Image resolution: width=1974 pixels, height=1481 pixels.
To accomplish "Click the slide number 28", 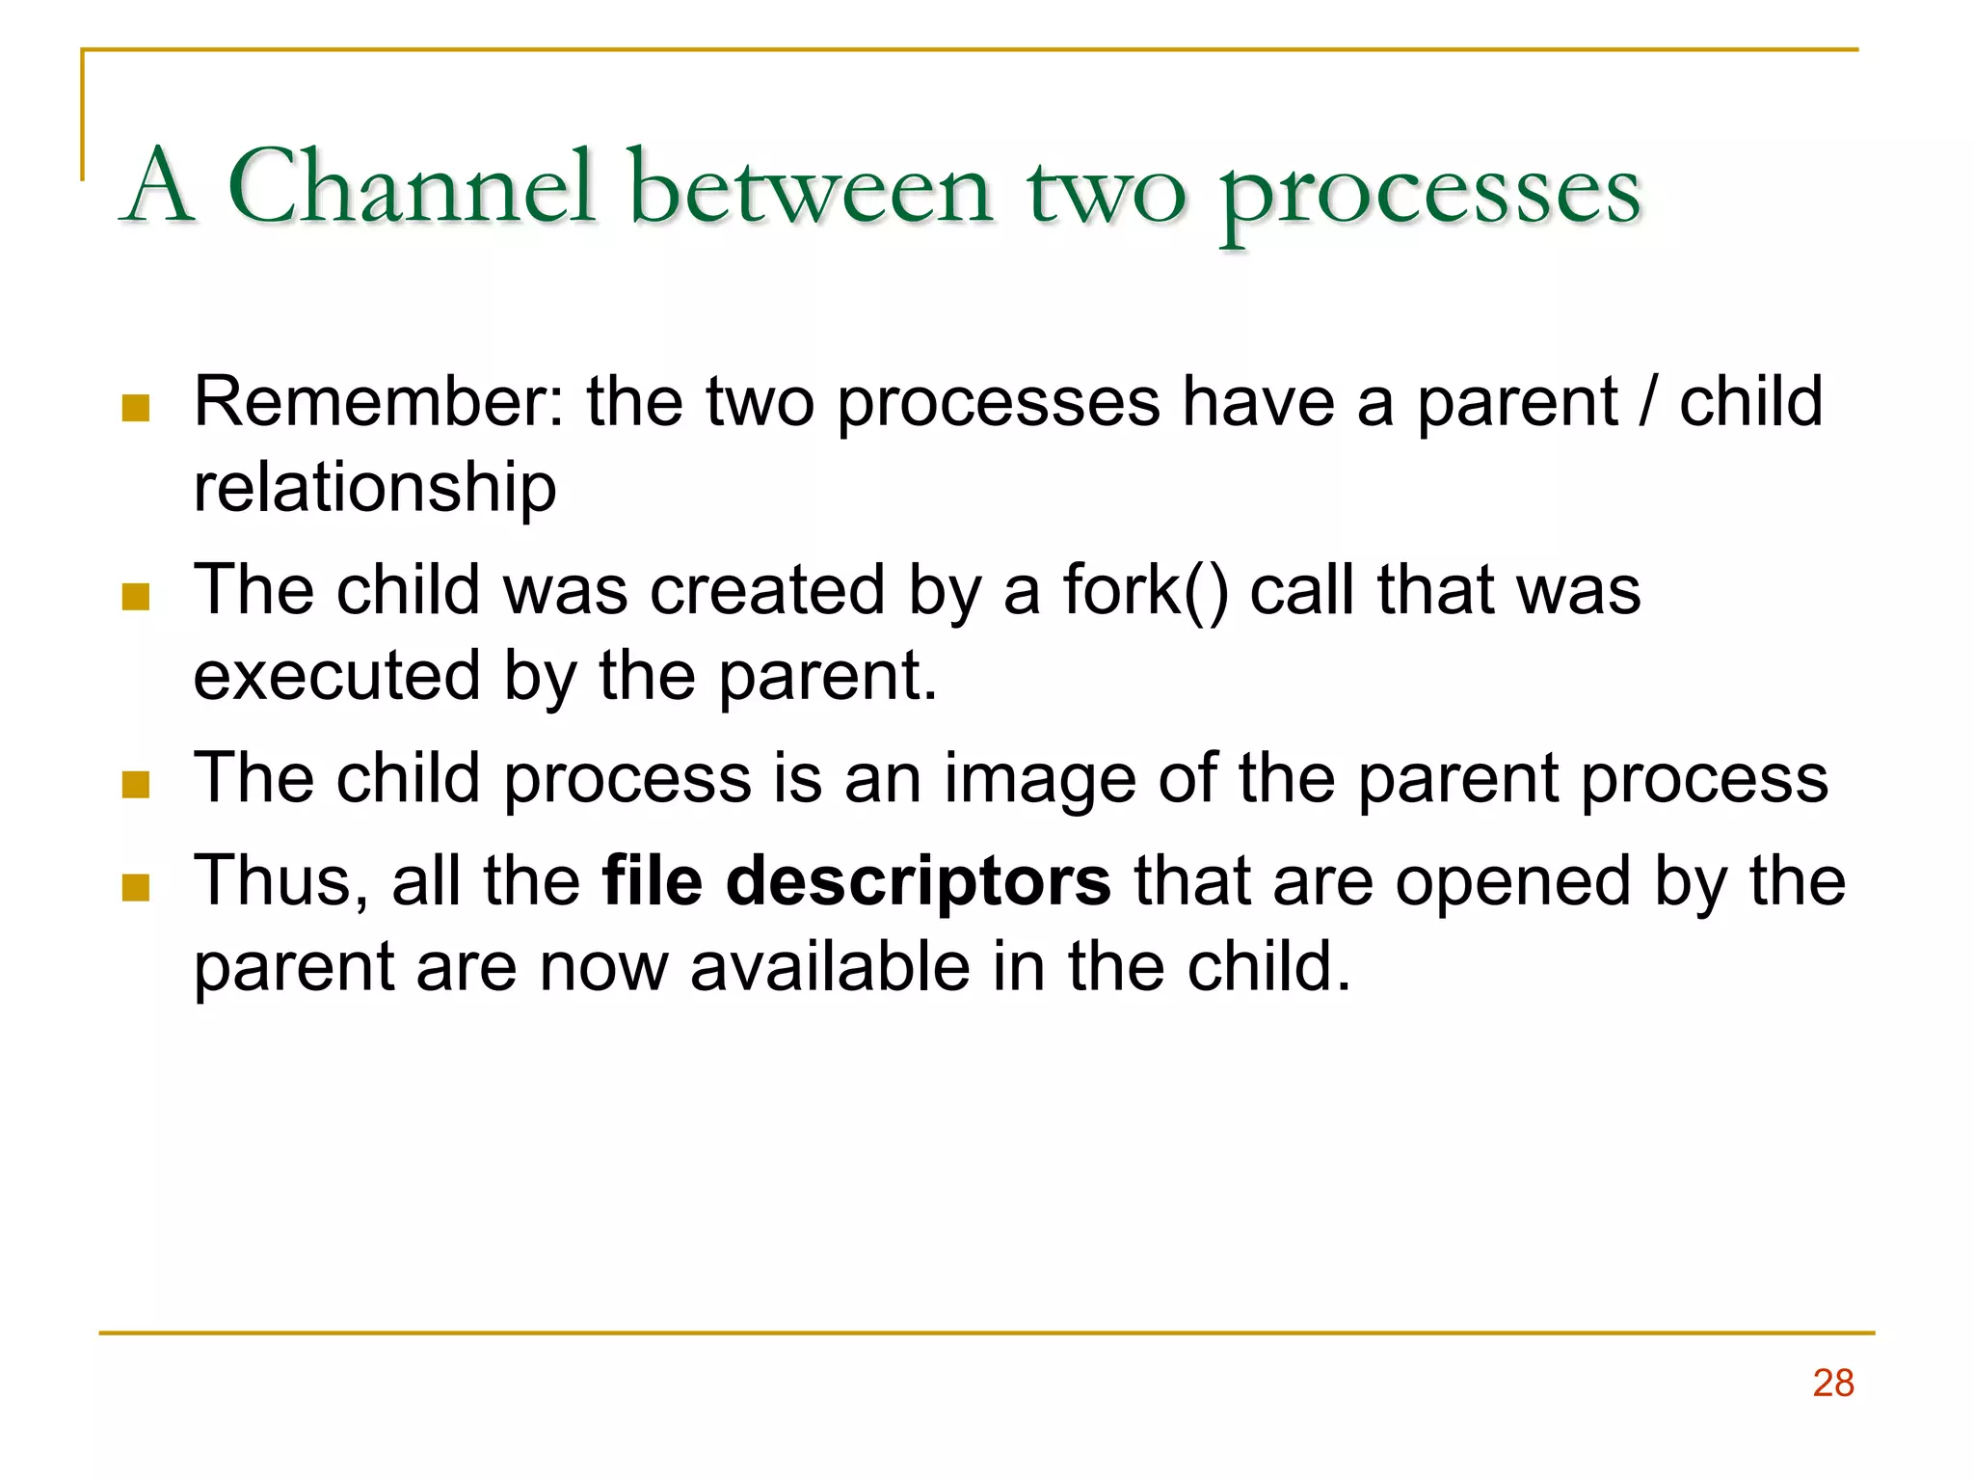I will coord(1832,1383).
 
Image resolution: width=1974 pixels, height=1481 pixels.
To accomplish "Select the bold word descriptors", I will coord(918,881).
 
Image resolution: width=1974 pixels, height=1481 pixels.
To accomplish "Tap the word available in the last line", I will coord(830,967).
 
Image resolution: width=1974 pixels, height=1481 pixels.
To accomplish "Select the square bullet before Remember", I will coord(136,408).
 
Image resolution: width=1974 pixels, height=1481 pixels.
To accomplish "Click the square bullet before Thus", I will coord(136,887).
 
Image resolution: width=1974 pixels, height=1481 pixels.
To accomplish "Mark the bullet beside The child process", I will coord(136,785).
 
